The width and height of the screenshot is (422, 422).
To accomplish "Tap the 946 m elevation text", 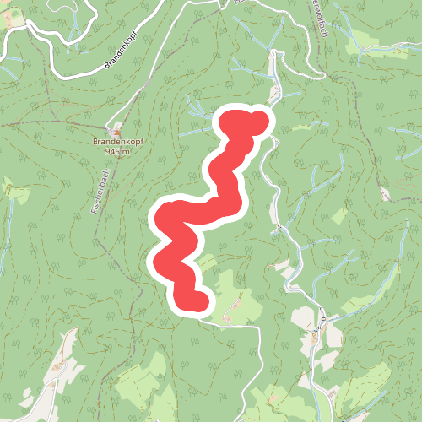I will [x=118, y=153].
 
